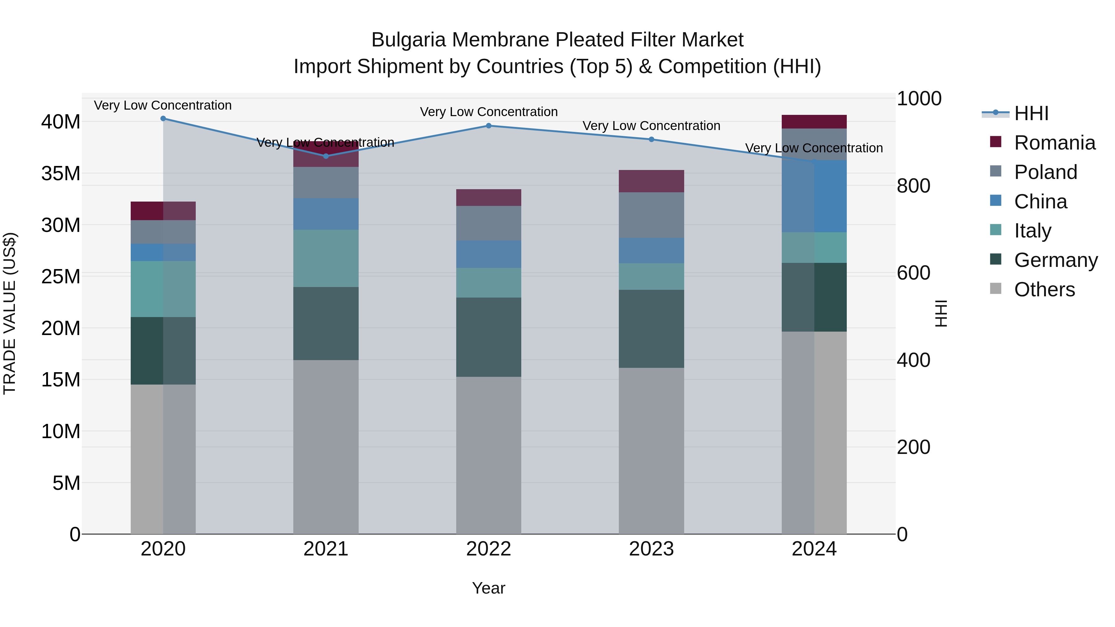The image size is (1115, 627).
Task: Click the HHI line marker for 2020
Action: coord(163,119)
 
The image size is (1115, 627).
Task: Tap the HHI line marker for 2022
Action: coord(489,126)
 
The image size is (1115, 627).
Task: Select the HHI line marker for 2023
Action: coord(651,139)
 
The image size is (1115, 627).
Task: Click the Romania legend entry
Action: coord(1054,143)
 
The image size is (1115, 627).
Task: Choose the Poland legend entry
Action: coord(1045,172)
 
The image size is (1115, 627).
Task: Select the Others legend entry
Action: coord(1044,290)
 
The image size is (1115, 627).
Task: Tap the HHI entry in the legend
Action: coord(1031,113)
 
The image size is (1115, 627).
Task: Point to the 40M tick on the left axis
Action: coord(61,122)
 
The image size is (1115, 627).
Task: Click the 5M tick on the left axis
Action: coord(66,483)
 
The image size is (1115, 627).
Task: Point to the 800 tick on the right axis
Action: coord(913,186)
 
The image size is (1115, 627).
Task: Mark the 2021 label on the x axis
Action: coord(326,549)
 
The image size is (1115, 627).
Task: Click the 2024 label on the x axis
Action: coord(814,549)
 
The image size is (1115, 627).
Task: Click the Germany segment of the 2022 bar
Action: coord(489,337)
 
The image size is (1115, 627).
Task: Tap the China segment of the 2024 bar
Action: coord(814,196)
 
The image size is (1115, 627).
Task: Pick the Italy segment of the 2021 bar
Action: coord(326,258)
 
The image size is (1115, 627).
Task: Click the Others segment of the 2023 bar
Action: coord(651,451)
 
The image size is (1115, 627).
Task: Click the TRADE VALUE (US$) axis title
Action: coord(10,313)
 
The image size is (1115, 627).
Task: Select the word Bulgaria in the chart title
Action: coord(408,40)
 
